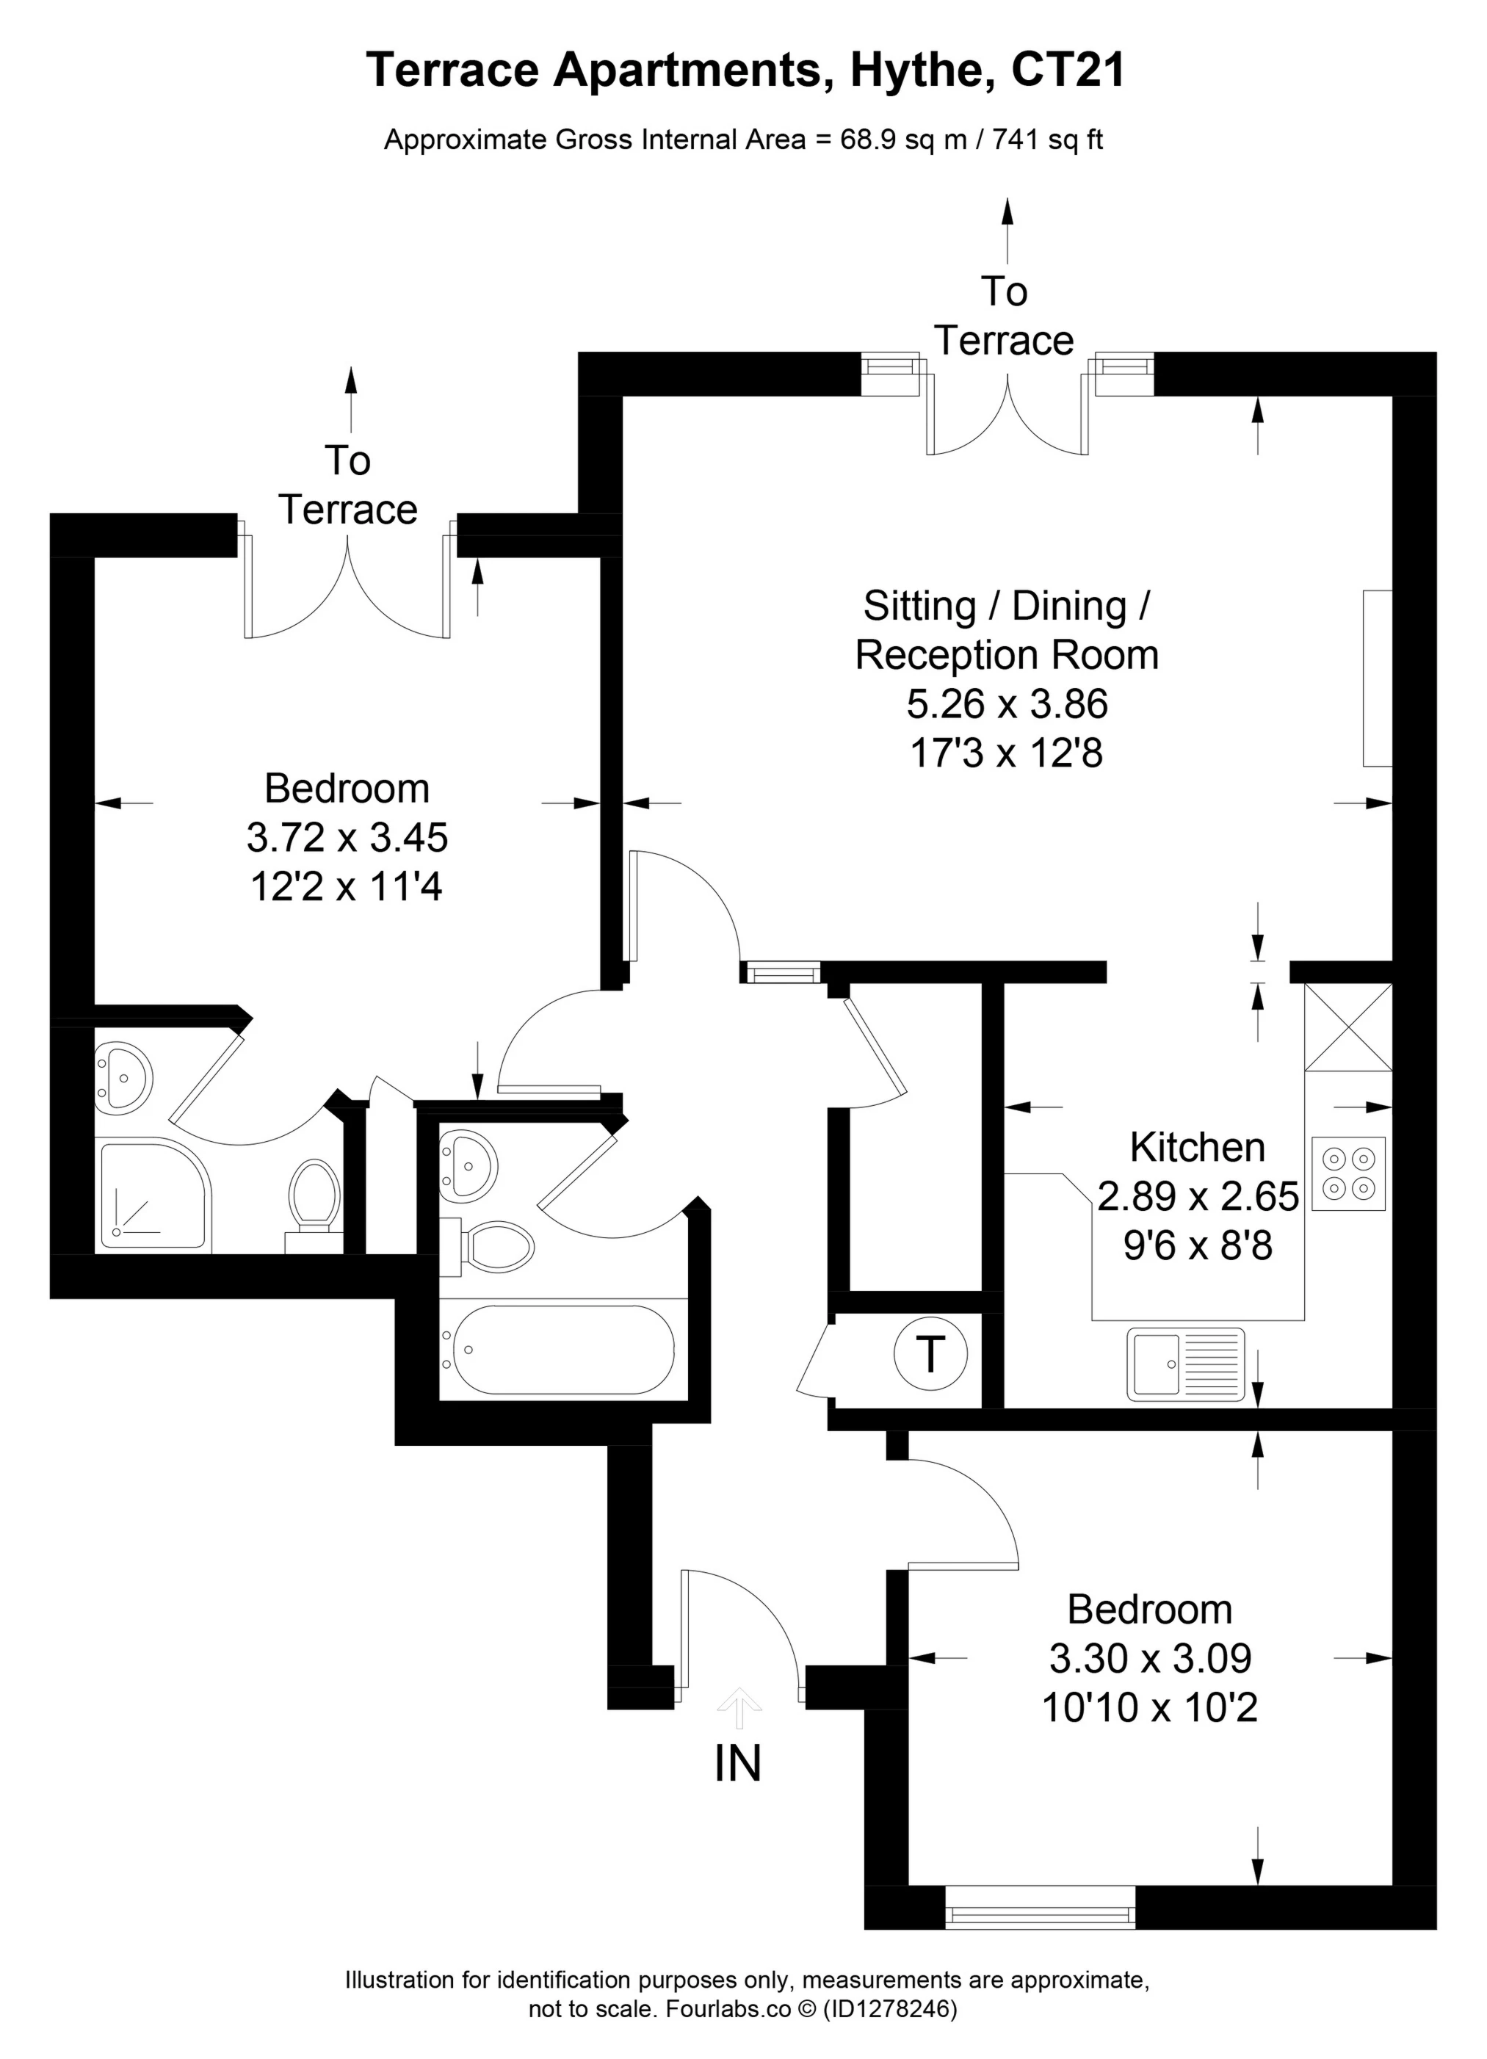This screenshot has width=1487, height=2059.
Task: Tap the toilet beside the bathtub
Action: point(496,1245)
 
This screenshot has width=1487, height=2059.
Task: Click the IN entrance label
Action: point(737,1763)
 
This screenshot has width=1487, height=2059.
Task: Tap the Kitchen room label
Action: point(1196,1148)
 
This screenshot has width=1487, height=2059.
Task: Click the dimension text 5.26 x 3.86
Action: point(1007,703)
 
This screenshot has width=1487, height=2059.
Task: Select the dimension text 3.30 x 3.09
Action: point(1149,1659)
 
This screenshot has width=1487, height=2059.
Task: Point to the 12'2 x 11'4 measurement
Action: point(346,886)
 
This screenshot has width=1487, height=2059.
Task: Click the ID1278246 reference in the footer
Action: point(890,2009)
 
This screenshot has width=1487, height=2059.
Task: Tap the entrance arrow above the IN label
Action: point(740,1707)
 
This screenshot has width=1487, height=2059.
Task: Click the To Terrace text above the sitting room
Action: point(1004,316)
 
